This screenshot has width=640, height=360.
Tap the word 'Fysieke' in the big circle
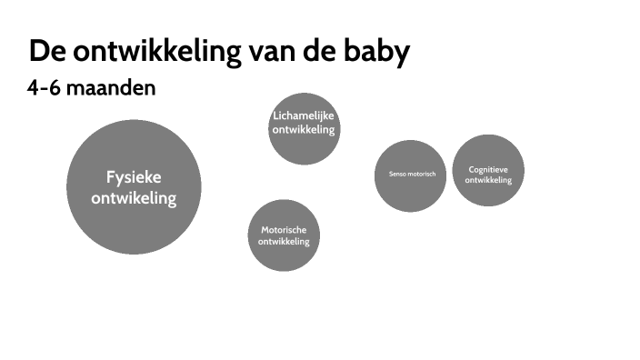[x=134, y=177]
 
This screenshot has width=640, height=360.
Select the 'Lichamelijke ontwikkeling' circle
[x=304, y=145]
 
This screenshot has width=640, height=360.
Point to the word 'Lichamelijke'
[x=304, y=115]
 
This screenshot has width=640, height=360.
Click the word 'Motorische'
[x=284, y=230]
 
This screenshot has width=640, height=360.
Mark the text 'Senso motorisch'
[x=412, y=174]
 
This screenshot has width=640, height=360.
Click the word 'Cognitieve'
[x=488, y=169]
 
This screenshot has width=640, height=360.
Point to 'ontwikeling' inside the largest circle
[x=134, y=197]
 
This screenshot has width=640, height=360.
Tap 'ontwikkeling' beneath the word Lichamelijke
[x=304, y=129]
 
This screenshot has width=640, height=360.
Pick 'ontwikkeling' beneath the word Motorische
[x=284, y=242]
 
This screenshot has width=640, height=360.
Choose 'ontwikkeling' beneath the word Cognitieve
[x=488, y=180]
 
